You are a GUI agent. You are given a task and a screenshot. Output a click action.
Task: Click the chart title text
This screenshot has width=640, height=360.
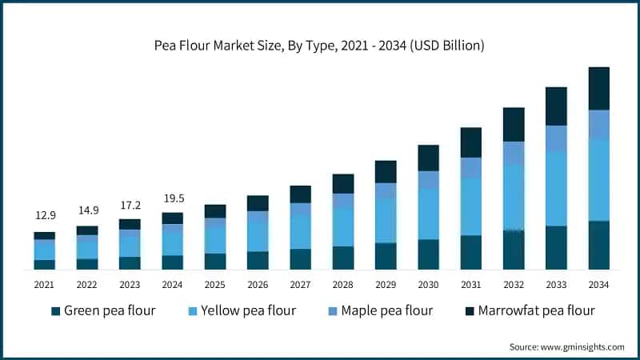pyautogui.click(x=319, y=46)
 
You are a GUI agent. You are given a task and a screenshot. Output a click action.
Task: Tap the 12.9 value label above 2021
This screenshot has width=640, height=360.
pyautogui.click(x=44, y=216)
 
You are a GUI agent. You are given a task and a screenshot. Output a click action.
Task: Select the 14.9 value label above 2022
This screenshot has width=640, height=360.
pyautogui.click(x=87, y=210)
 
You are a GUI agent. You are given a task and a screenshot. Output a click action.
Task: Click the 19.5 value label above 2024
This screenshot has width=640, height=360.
pyautogui.click(x=172, y=197)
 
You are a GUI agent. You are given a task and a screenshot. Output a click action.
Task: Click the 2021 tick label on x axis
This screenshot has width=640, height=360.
pyautogui.click(x=44, y=284)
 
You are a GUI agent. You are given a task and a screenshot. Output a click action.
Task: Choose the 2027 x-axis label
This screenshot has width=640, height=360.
pyautogui.click(x=300, y=284)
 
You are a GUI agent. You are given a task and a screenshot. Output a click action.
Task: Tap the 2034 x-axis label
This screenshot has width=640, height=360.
pyautogui.click(x=598, y=284)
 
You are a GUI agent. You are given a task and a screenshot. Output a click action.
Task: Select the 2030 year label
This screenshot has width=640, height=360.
pyautogui.click(x=428, y=284)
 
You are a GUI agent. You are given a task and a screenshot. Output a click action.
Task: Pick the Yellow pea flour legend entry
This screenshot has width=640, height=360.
pyautogui.click(x=242, y=310)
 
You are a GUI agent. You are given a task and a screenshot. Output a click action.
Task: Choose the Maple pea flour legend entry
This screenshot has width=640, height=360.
pyautogui.click(x=381, y=310)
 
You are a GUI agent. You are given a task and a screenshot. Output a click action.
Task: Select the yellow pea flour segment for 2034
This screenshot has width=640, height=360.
pyautogui.click(x=598, y=180)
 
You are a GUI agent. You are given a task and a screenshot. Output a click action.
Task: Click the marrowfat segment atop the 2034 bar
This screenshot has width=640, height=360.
pyautogui.click(x=598, y=88)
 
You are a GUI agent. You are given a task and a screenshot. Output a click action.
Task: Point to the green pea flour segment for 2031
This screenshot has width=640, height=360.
pyautogui.click(x=470, y=252)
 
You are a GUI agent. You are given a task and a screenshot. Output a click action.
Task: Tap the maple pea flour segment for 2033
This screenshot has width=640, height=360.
pyautogui.click(x=556, y=138)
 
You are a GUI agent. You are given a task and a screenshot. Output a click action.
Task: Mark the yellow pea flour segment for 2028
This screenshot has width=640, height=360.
pyautogui.click(x=342, y=227)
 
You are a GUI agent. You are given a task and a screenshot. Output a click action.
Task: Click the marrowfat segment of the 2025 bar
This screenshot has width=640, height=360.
pyautogui.click(x=214, y=211)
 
